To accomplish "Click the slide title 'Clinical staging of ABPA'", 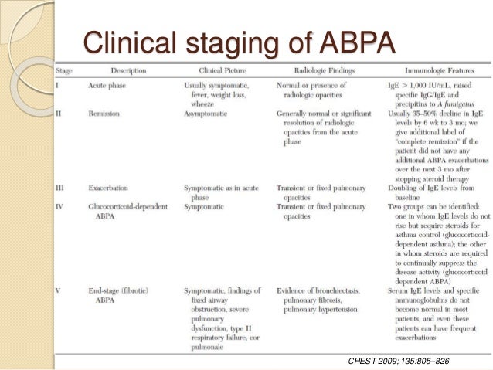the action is [239, 43].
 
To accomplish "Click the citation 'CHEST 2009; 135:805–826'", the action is [399, 360].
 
